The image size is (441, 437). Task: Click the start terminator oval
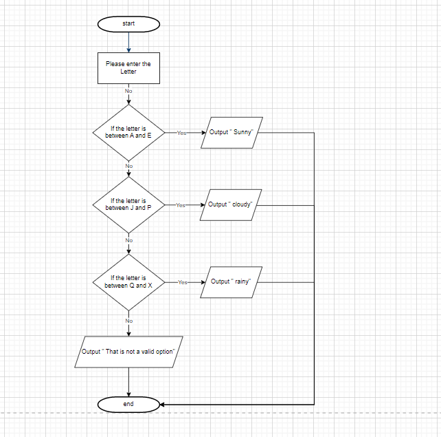coord(128,24)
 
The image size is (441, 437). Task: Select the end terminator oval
coord(128,404)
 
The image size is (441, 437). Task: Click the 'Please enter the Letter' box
coord(128,67)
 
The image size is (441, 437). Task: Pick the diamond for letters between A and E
coord(128,132)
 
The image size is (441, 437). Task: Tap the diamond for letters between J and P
coord(128,204)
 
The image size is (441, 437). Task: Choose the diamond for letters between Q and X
coord(128,282)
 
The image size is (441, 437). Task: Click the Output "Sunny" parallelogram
coord(232,132)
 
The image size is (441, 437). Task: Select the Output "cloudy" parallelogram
coord(231,204)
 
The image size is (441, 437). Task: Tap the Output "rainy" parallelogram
coord(231,281)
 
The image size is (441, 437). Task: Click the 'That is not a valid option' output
coord(128,352)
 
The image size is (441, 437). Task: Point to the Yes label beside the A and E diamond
coord(181,133)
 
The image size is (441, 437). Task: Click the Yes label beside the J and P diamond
coord(181,205)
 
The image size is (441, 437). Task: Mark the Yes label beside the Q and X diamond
coord(182,282)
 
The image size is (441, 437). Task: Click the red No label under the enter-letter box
coord(128,91)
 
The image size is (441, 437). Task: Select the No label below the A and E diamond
coord(128,166)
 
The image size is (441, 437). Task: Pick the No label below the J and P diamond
coord(128,239)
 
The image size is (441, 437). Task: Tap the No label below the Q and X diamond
coord(128,321)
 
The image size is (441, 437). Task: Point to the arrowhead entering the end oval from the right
coord(164,404)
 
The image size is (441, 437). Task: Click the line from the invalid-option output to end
coord(128,382)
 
